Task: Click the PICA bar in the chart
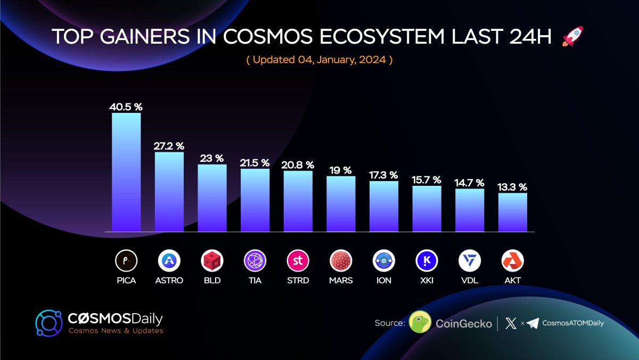pyautogui.click(x=126, y=172)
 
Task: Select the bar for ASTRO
pyautogui.click(x=169, y=192)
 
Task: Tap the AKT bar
pyautogui.click(x=513, y=212)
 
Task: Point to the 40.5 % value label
pyautogui.click(x=126, y=107)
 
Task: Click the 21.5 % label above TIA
pyautogui.click(x=255, y=162)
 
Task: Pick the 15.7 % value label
pyautogui.click(x=427, y=179)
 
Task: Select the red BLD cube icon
pyautogui.click(x=212, y=261)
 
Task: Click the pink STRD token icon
pyautogui.click(x=298, y=261)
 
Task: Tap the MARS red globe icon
pyautogui.click(x=341, y=261)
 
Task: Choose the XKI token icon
pyautogui.click(x=427, y=261)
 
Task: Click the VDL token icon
pyautogui.click(x=470, y=261)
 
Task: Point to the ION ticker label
pyautogui.click(x=383, y=280)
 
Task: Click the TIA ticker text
pyautogui.click(x=255, y=280)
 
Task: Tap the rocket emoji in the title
pyautogui.click(x=572, y=36)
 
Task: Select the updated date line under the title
pyautogui.click(x=319, y=60)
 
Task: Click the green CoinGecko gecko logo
pyautogui.click(x=420, y=323)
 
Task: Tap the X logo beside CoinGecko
pyautogui.click(x=511, y=323)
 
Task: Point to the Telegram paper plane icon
pyautogui.click(x=533, y=323)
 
